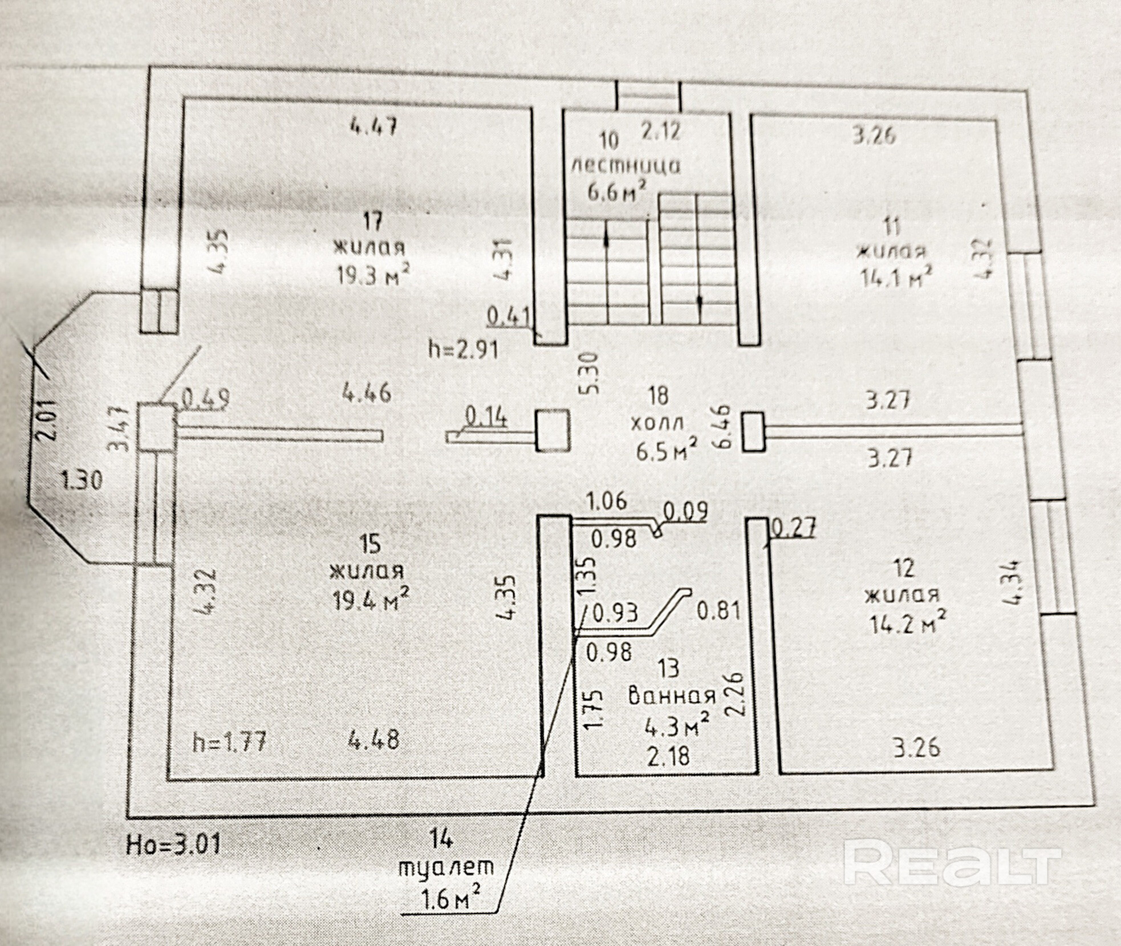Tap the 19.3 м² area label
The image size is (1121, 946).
click(x=373, y=276)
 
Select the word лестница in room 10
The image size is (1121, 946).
click(x=626, y=165)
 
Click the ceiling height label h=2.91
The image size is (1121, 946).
click(x=463, y=348)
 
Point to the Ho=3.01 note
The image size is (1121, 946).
click(x=173, y=843)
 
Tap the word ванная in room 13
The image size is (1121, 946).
click(x=672, y=696)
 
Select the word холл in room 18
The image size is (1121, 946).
click(x=657, y=425)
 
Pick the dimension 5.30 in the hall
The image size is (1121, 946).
click(x=591, y=373)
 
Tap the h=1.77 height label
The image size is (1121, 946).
click(x=229, y=743)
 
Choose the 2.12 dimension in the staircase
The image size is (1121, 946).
click(x=660, y=131)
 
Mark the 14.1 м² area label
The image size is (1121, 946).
click(x=896, y=278)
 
